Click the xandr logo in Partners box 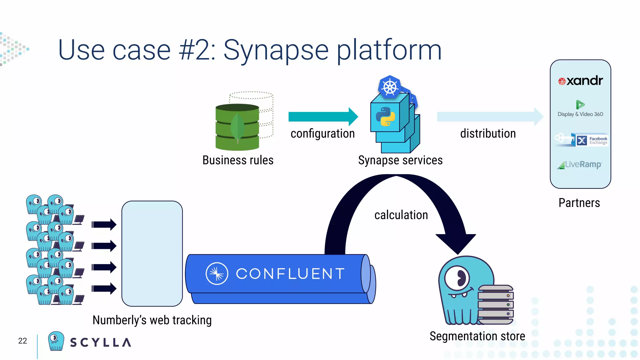580,81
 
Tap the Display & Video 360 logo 580,108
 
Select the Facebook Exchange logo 582,140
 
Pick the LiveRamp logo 579,164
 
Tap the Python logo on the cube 385,117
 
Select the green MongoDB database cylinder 237,127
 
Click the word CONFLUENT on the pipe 290,274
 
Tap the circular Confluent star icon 217,273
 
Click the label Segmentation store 477,336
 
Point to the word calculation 401,215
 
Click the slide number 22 22,341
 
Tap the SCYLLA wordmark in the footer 100,342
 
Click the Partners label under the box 579,203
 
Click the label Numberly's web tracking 152,320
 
